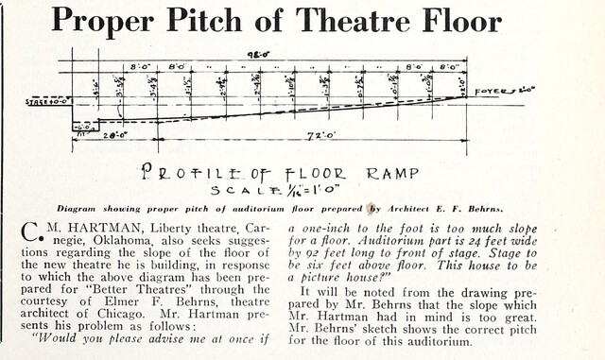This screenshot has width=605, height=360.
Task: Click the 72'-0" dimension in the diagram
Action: pos(313,137)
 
